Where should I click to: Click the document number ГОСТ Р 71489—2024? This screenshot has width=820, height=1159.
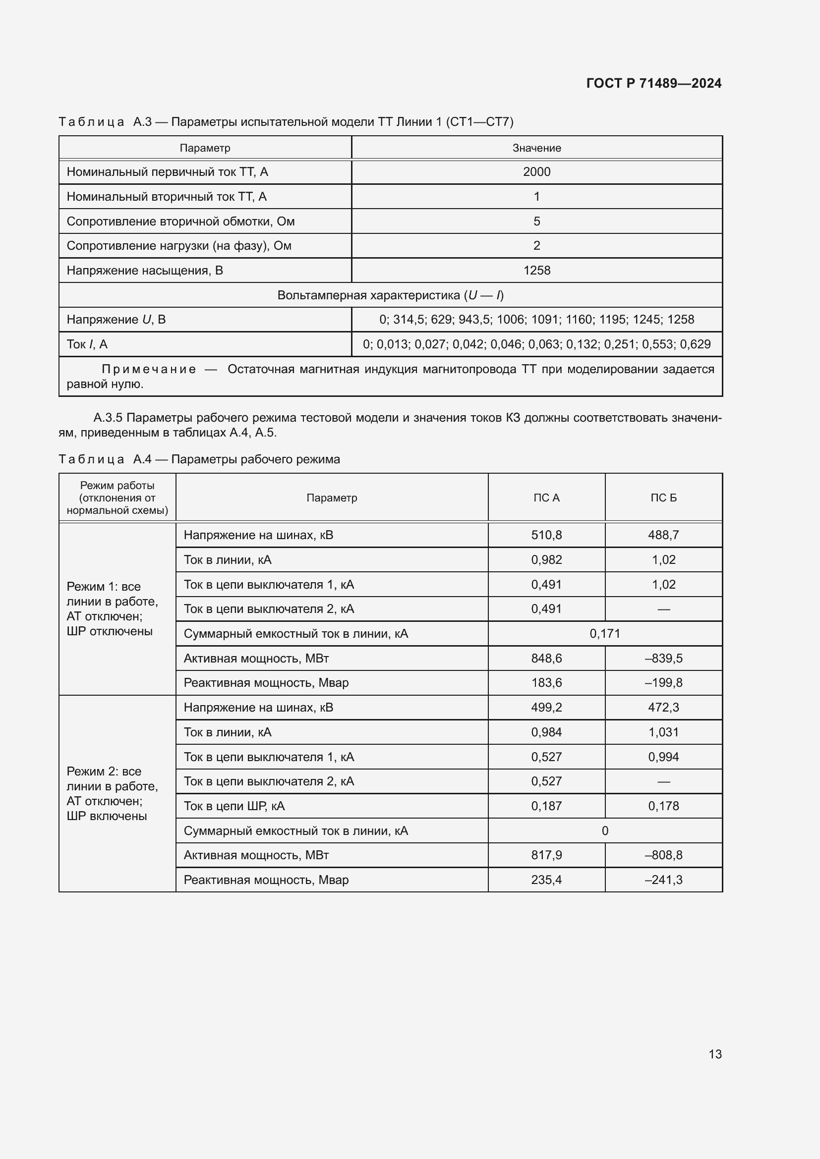tap(653, 83)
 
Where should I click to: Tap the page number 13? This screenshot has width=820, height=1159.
tap(715, 1054)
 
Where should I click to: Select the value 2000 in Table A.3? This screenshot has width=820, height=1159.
tap(536, 172)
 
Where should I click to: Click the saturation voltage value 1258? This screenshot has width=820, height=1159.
tap(536, 271)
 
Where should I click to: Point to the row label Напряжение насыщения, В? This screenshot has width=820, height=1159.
tap(144, 271)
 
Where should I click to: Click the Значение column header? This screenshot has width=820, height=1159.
tap(536, 148)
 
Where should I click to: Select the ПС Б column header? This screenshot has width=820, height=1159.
tap(663, 497)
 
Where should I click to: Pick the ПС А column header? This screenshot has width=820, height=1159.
tap(546, 497)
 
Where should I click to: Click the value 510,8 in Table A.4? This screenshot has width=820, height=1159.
tap(546, 535)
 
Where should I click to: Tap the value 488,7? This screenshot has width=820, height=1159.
tap(663, 535)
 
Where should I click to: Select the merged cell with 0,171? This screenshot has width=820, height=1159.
tap(604, 634)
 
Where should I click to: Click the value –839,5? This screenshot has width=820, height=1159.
tap(663, 658)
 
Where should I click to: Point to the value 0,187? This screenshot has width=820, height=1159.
tap(546, 806)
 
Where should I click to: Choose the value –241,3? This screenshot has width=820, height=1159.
tap(663, 880)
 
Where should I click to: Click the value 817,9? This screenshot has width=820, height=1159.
tap(546, 855)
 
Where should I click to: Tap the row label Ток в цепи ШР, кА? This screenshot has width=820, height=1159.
tap(234, 806)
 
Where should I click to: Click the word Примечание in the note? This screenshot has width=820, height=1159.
tap(148, 370)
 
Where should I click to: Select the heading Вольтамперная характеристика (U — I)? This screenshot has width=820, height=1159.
tap(390, 295)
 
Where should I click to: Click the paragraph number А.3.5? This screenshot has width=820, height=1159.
tap(108, 418)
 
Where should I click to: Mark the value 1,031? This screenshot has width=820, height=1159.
tap(663, 732)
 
